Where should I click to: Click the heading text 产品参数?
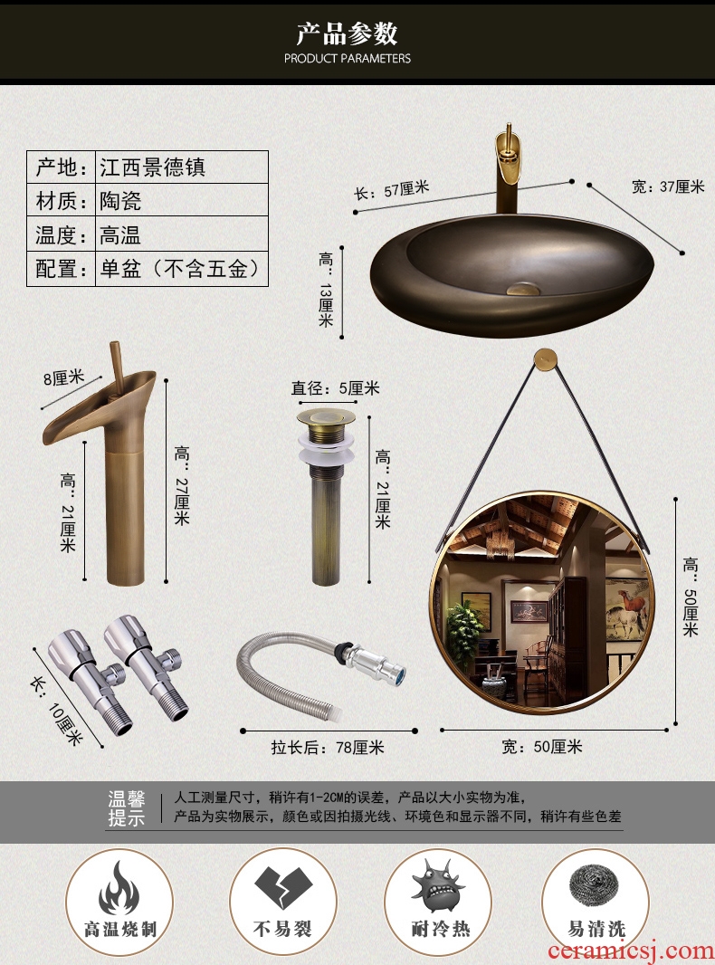click(347, 33)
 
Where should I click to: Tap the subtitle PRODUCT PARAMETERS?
click(347, 59)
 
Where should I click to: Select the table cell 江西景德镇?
click(153, 167)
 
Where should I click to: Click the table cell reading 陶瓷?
click(120, 201)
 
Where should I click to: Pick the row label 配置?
click(56, 269)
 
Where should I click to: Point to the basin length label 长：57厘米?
click(391, 190)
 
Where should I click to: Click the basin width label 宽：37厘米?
click(668, 186)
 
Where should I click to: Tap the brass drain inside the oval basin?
click(522, 288)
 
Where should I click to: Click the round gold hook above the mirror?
click(545, 359)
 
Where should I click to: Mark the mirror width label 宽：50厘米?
click(541, 747)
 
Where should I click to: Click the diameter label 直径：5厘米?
click(336, 388)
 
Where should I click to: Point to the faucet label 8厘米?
click(63, 377)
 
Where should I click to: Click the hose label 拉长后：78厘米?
click(328, 747)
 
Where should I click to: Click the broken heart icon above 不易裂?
click(283, 887)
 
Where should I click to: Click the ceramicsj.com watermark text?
click(630, 951)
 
